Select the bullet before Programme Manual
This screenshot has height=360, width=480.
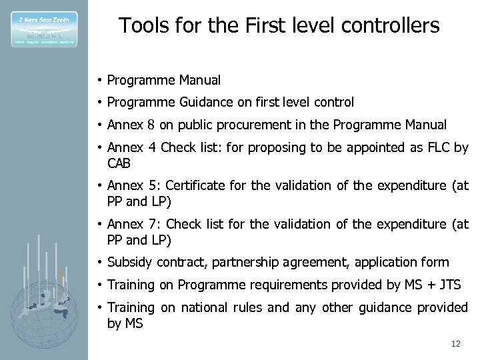(x=98, y=81)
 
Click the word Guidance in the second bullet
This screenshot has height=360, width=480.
(x=204, y=103)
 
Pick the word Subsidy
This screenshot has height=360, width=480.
(x=128, y=263)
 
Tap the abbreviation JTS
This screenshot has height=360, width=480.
(x=449, y=285)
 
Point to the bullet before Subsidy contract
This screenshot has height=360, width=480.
(x=98, y=263)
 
